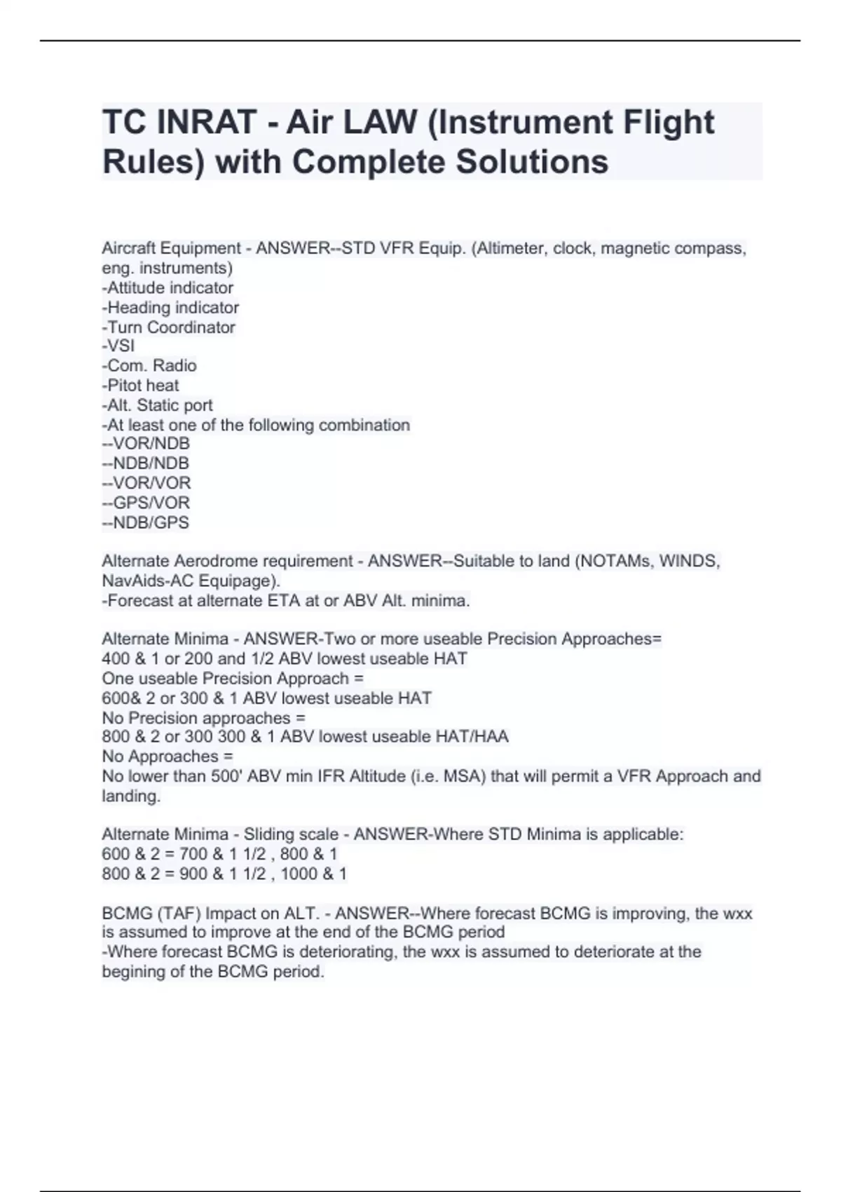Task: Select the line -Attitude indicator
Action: [x=167, y=287]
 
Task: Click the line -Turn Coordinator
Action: [x=168, y=327]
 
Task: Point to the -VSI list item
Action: [x=118, y=346]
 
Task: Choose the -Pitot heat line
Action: [x=140, y=385]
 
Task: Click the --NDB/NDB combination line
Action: [x=145, y=463]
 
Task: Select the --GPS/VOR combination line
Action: [x=146, y=502]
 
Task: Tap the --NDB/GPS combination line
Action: [x=145, y=522]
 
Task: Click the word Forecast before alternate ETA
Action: [x=139, y=600]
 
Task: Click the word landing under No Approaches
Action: [x=131, y=796]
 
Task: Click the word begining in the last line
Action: [x=132, y=972]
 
